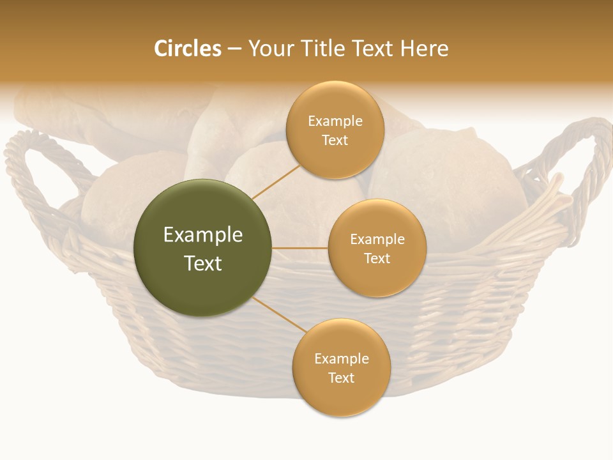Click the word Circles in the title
pos(187,49)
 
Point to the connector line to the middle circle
pos(299,248)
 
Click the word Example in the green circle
pos(202,235)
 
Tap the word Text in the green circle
pos(202,263)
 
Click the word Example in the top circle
pos(335,121)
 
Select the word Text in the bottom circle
pos(341,378)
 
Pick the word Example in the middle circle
pos(377,240)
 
